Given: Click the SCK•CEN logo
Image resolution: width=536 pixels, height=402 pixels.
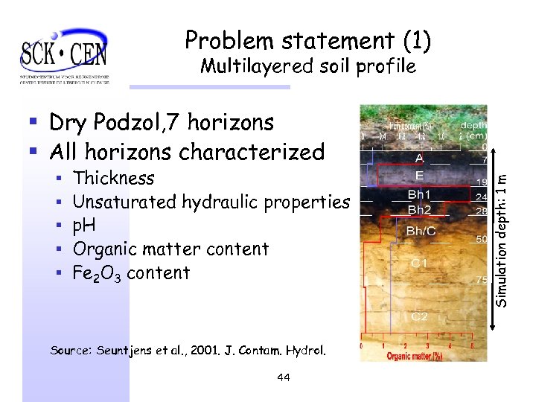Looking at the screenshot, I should tap(65, 54).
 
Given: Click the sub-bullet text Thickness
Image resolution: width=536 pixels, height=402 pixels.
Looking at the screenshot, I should tap(113, 178).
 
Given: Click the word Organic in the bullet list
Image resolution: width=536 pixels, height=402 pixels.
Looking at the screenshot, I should tap(105, 249).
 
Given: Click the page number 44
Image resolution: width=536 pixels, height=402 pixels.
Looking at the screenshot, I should tap(283, 377).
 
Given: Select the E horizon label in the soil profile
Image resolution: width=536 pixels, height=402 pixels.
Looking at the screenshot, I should tap(419, 176).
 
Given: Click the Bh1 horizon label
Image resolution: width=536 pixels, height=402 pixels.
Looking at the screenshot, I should tap(419, 195).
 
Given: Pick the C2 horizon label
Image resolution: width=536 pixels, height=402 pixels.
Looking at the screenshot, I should tap(420, 316).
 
